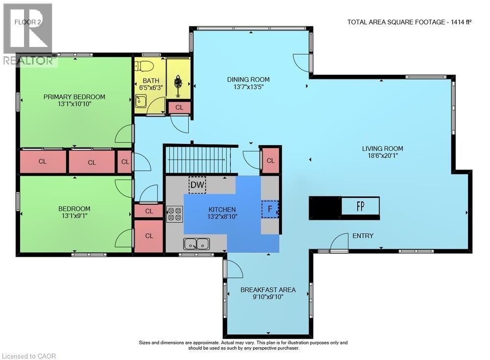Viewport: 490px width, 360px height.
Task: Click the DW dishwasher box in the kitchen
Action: [197, 185]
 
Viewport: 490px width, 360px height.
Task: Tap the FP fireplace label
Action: [360, 206]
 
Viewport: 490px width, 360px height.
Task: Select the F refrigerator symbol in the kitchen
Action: [269, 209]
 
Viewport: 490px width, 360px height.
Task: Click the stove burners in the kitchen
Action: [174, 214]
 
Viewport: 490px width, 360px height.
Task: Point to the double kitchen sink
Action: [196, 244]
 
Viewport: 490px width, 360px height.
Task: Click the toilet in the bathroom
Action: [144, 66]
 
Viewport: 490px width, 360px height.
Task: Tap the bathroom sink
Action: [141, 101]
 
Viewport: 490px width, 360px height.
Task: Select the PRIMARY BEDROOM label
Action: [74, 97]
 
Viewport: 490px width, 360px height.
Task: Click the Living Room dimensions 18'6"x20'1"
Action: [383, 156]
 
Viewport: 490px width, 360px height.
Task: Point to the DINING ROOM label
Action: [248, 80]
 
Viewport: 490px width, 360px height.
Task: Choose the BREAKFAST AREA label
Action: [268, 289]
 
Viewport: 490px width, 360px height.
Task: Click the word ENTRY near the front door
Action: [363, 236]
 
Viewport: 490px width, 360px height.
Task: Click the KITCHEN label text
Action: [222, 209]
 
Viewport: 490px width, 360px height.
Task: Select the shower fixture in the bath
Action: [178, 82]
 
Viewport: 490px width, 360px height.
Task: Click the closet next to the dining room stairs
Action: [270, 161]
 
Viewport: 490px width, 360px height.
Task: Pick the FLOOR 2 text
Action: [28, 22]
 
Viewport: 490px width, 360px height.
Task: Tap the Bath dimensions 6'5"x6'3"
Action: [151, 88]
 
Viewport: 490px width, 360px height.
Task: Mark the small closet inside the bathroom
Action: [179, 107]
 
